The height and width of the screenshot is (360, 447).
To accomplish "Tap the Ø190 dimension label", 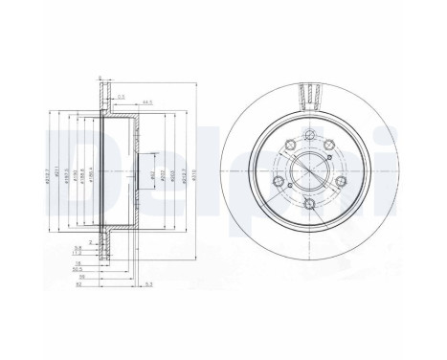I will coord(76,175).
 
